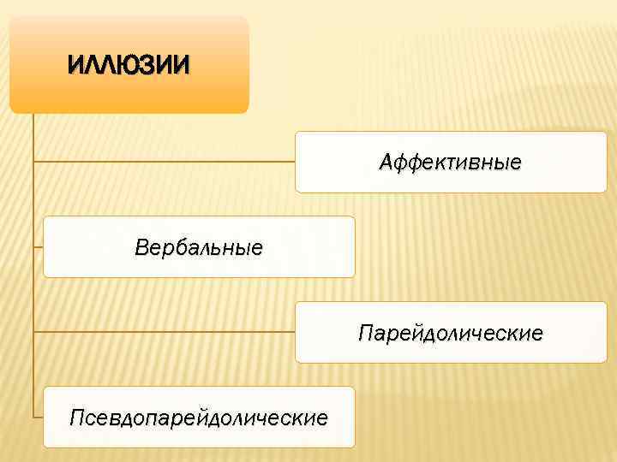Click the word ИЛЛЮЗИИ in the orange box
coord(129,64)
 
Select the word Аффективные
coord(451,162)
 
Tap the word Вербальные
coord(199,247)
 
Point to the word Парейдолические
coord(451,332)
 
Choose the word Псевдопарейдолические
coord(199,418)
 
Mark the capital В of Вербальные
coord(141,247)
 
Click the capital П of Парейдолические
coord(366,332)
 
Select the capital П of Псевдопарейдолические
coord(77,418)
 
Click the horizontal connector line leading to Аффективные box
coord(163,161)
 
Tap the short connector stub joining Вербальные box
coord(39,246)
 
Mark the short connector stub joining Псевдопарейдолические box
coord(39,418)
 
